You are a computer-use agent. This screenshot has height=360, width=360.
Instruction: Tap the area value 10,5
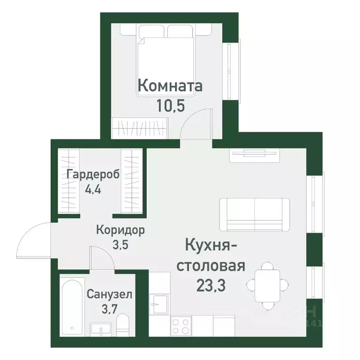170,104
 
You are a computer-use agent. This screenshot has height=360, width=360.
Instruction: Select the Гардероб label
93,174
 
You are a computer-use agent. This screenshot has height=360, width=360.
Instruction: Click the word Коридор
120,230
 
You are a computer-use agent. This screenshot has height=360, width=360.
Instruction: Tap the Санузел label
109,295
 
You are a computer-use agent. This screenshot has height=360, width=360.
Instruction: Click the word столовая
210,266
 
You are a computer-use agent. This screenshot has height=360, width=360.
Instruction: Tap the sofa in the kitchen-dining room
255,214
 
